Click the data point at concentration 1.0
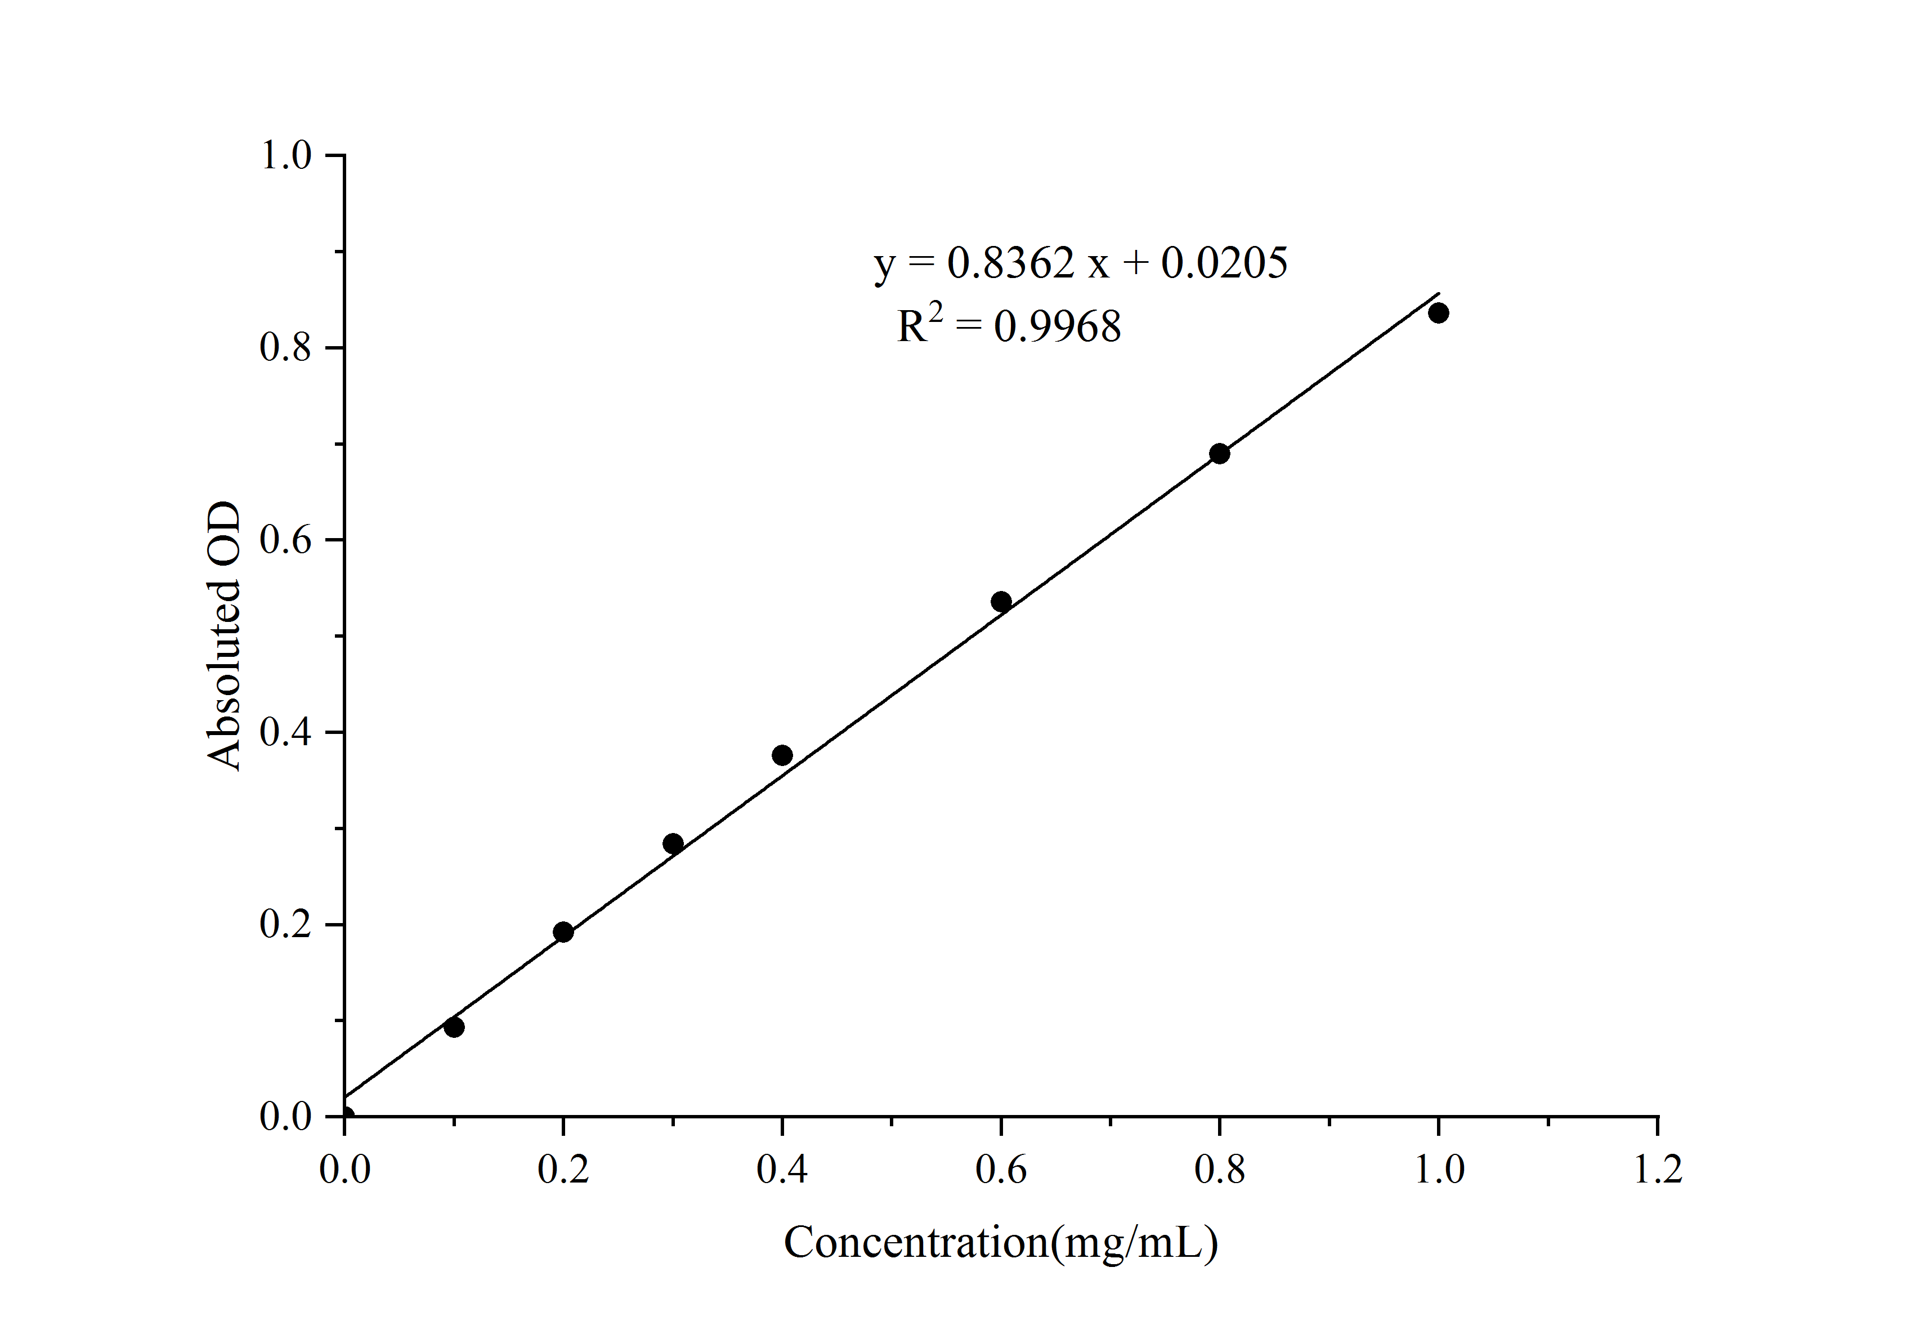pos(1439,314)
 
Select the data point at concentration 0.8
pos(1220,454)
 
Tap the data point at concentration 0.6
pos(1001,601)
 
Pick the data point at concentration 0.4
pos(782,755)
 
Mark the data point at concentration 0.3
pos(673,844)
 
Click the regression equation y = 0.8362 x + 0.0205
pos(1081,263)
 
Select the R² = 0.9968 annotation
pos(1009,325)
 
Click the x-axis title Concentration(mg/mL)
pos(1000,1243)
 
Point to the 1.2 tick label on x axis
pos(1658,1170)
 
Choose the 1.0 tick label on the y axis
pos(286,155)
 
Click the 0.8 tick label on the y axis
pos(286,347)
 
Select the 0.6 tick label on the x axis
pos(1001,1170)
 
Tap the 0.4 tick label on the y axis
pos(286,733)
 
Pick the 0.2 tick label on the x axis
pos(563,1170)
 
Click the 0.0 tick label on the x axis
pos(344,1170)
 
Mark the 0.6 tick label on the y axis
pos(286,540)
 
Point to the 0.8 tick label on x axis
pos(1220,1170)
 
